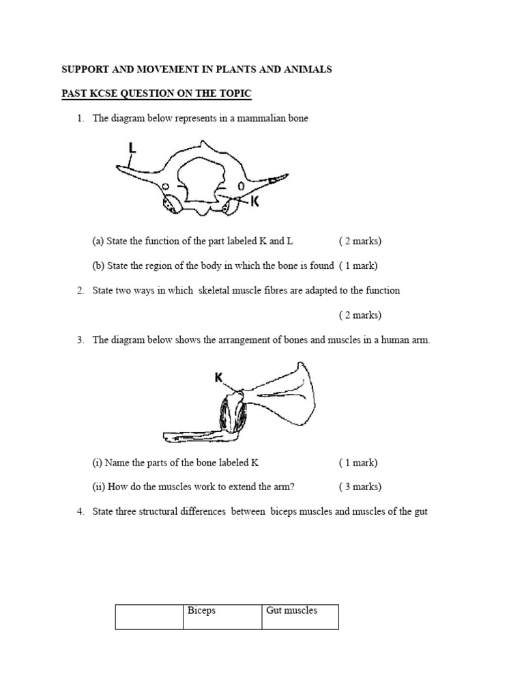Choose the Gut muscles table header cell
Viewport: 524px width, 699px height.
click(300, 616)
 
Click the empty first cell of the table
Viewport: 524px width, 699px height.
click(149, 616)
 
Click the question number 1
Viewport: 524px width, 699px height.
click(80, 118)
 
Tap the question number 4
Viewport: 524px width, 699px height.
click(80, 511)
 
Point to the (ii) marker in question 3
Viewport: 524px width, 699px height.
click(99, 487)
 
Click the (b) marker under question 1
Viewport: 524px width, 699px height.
click(99, 266)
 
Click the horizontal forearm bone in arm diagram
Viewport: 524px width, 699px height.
click(188, 435)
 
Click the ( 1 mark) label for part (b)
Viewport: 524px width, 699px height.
click(358, 266)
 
